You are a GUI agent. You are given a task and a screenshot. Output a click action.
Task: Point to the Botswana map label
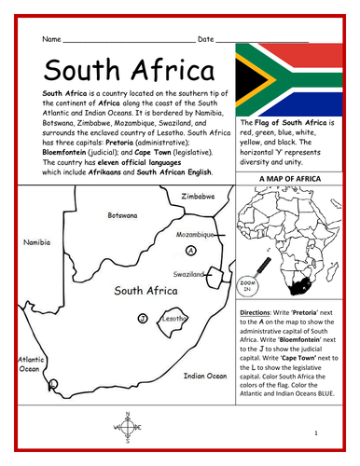[x=122, y=215]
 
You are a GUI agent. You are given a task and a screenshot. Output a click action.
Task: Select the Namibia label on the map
[x=35, y=241]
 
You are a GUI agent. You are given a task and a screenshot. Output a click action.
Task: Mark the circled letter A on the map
[x=191, y=251]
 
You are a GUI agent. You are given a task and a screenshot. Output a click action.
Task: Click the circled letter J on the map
[x=142, y=319]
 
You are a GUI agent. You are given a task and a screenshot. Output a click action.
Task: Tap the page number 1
[x=316, y=433]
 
